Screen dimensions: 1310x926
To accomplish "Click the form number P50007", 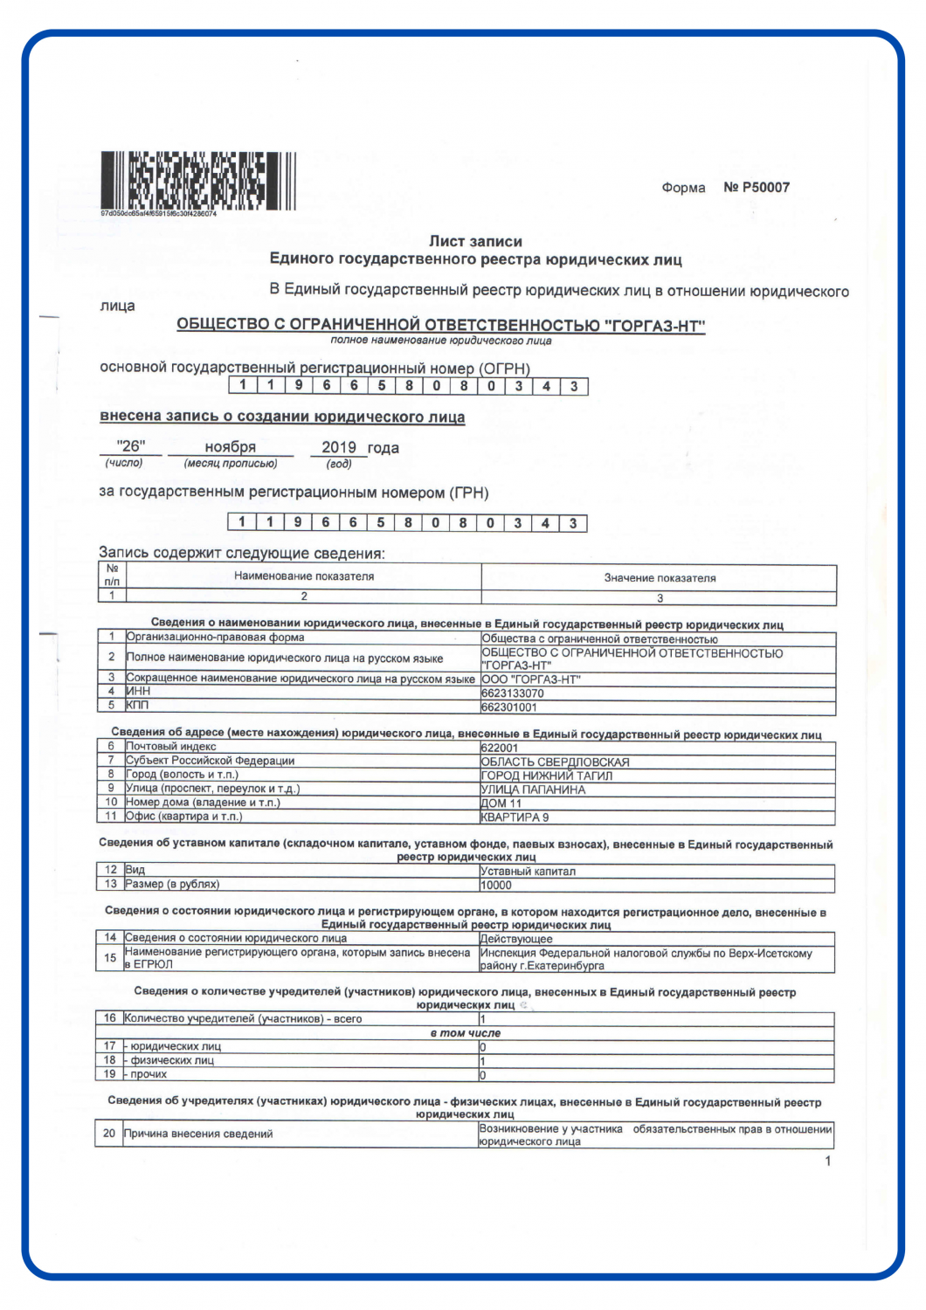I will click(x=757, y=187).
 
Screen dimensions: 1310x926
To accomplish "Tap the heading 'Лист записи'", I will click(x=475, y=241).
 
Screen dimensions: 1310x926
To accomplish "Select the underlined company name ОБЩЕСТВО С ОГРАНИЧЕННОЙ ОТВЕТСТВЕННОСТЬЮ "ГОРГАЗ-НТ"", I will click(x=440, y=325).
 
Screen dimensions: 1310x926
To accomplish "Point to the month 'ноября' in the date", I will click(x=231, y=447).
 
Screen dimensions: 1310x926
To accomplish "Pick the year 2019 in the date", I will click(x=339, y=447).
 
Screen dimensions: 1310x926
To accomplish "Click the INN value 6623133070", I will click(x=513, y=693).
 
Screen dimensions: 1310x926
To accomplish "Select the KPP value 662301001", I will click(x=509, y=707).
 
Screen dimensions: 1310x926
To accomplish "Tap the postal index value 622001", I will click(x=500, y=748).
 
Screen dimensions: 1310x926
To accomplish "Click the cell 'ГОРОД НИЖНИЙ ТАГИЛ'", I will click(x=547, y=776).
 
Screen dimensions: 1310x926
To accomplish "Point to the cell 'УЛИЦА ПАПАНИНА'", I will click(x=533, y=789).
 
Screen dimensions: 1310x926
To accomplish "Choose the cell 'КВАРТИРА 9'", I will click(x=515, y=817).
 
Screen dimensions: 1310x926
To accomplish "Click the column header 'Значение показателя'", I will click(x=660, y=577).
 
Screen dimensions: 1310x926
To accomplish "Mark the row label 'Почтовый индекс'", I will click(x=171, y=747).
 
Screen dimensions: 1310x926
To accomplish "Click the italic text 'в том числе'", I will click(x=466, y=1033).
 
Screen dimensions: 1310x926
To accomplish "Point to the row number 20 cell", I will click(x=109, y=1134).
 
